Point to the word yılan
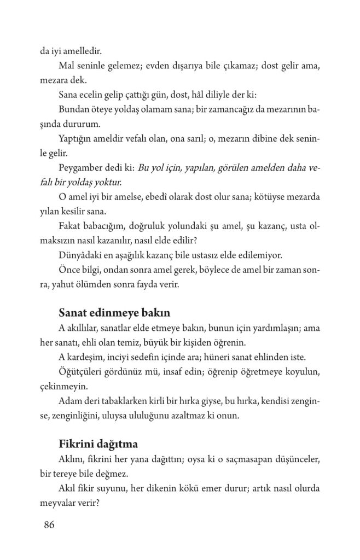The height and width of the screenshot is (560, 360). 50,210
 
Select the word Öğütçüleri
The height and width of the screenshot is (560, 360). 83,371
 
